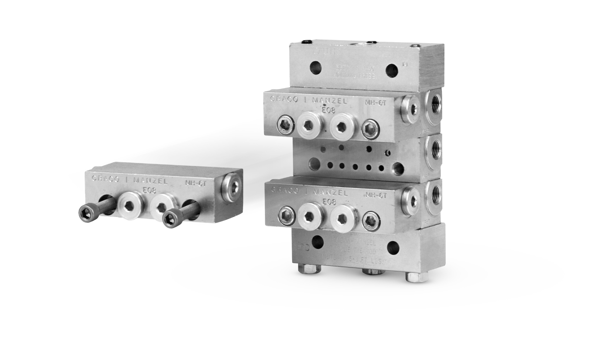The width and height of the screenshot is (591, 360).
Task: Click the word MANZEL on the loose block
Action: coord(149,181)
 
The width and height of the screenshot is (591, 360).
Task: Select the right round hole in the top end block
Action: coord(392,69)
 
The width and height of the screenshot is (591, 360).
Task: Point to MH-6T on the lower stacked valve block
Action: coord(376,195)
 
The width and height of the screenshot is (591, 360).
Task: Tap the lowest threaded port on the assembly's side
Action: coord(436,191)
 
